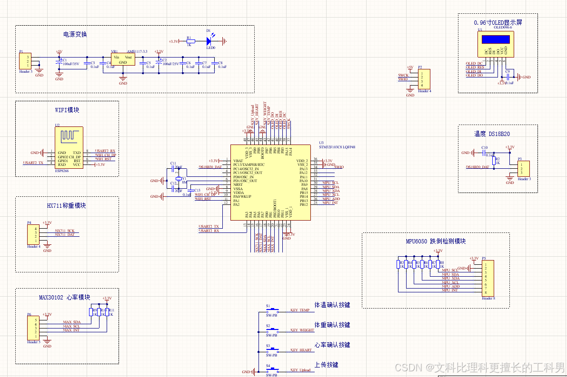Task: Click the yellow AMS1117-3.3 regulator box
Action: click(x=123, y=59)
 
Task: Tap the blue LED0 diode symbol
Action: click(x=209, y=41)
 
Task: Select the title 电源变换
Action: click(x=75, y=34)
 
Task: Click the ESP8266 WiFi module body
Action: click(x=69, y=147)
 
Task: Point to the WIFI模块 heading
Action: click(x=67, y=110)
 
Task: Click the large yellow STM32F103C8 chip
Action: click(x=270, y=182)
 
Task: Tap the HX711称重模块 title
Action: click(x=67, y=206)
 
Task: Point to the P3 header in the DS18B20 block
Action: click(x=523, y=168)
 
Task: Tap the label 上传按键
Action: click(x=327, y=365)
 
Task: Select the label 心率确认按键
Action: click(x=332, y=345)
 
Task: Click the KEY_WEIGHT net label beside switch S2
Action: click(x=302, y=330)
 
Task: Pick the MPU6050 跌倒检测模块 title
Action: click(x=436, y=241)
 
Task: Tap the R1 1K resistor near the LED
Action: click(x=189, y=41)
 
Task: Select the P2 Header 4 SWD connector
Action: click(x=423, y=79)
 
